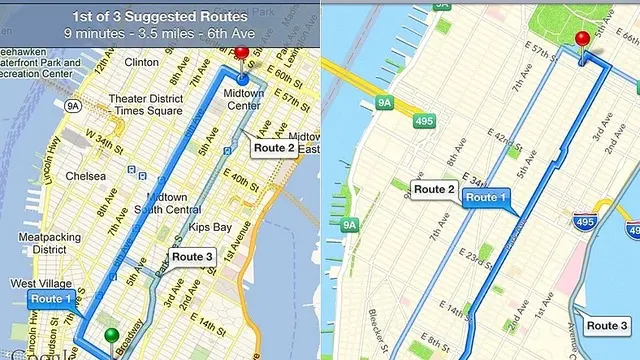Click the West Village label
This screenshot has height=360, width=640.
coord(41,284)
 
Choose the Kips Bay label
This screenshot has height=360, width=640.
coord(209,227)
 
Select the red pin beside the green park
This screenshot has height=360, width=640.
coord(583,40)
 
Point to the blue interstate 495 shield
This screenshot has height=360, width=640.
coord(585,220)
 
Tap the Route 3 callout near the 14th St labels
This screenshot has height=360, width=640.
coord(192,257)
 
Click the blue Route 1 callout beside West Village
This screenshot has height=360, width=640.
coord(51,298)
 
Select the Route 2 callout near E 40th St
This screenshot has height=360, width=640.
coord(274,147)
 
